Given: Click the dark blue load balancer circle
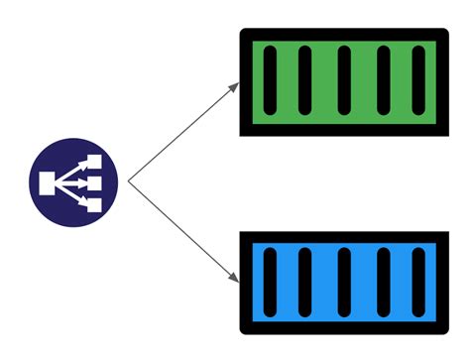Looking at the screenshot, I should tap(73, 181).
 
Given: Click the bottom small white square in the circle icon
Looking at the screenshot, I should tap(94, 205).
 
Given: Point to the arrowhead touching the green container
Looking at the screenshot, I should tap(235, 85).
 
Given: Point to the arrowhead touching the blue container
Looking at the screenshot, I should tap(235, 279).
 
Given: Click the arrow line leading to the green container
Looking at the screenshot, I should tap(183, 133).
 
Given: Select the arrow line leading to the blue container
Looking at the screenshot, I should tap(183, 231).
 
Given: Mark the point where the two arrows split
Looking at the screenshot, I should tap(130, 181).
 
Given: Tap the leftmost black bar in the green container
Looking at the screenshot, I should tap(268, 80).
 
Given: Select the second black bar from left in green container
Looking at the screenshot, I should tap(305, 80).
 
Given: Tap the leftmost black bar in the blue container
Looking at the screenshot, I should tap(268, 283).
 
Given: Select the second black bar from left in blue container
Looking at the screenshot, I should tap(305, 283).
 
